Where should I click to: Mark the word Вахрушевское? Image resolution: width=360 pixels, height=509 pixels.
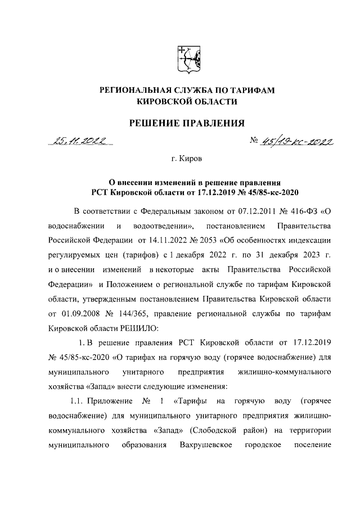tap(202, 445)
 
